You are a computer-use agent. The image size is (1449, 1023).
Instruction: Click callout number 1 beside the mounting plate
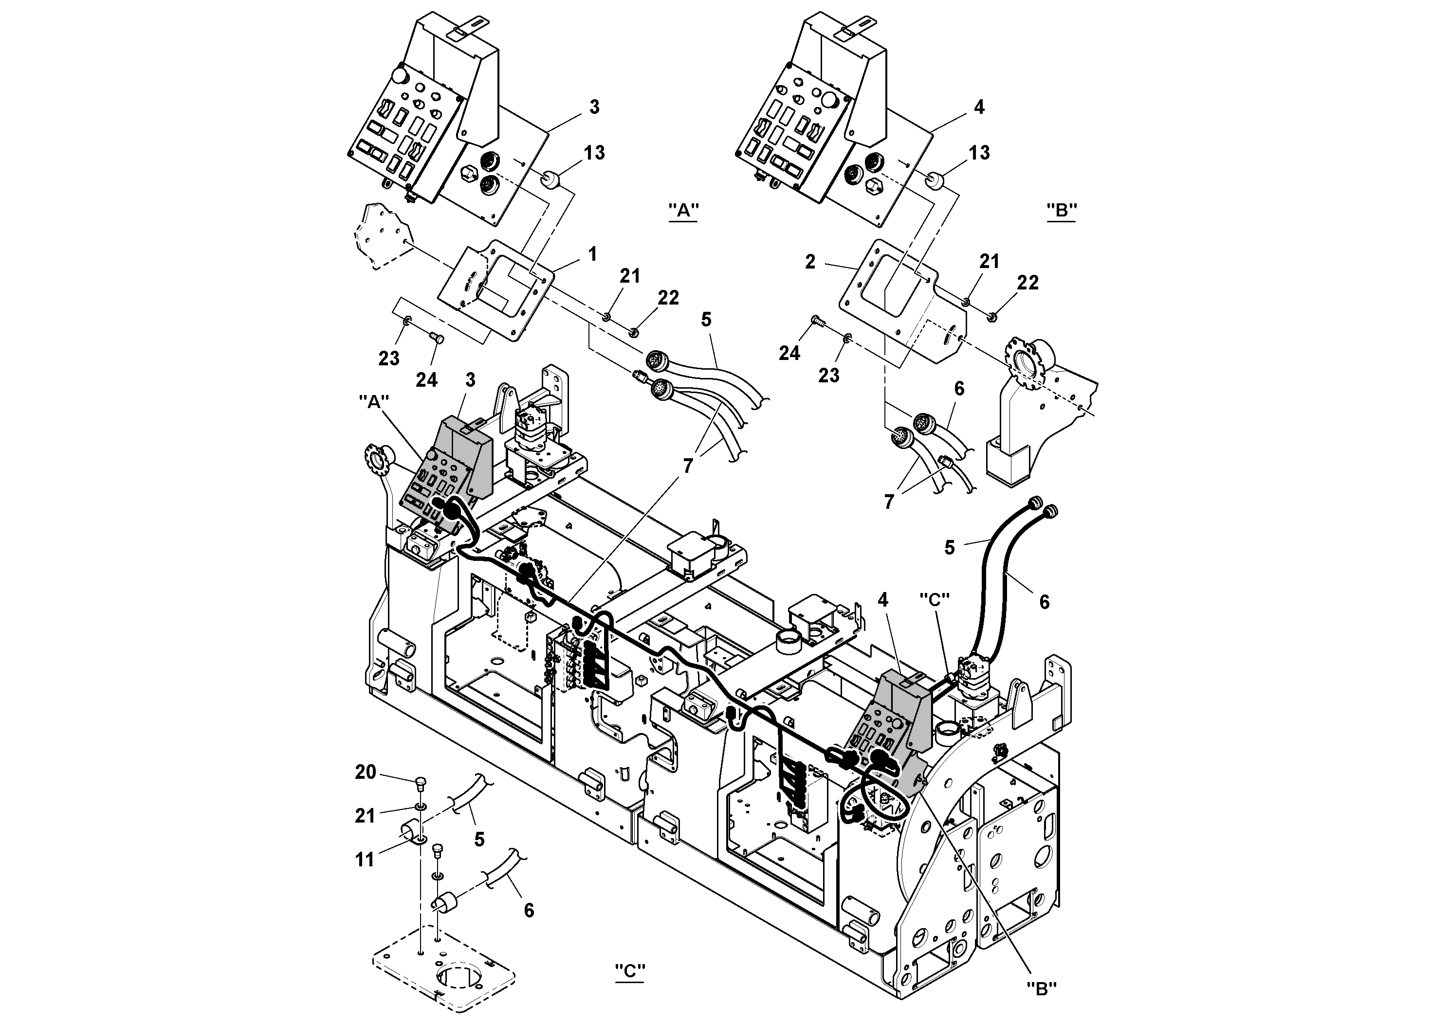pos(592,254)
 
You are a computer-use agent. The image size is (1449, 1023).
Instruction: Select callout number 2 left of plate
pos(811,261)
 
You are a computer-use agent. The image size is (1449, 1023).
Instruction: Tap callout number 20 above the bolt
pos(366,772)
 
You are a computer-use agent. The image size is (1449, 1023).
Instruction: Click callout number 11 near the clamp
pos(365,860)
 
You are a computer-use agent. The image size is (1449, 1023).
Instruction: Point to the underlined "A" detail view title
pos(683,211)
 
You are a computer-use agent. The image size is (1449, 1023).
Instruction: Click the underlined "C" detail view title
pos(629,972)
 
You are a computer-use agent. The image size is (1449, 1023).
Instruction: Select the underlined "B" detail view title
pos(1061,211)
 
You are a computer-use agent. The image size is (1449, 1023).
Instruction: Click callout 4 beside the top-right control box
pos(979,107)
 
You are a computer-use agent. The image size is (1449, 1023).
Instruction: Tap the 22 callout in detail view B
pos(1027,283)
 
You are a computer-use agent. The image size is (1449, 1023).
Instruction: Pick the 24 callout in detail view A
pos(427,380)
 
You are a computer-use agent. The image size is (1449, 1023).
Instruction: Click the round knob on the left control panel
pos(400,76)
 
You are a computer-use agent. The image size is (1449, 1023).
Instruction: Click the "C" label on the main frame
pos(934,599)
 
